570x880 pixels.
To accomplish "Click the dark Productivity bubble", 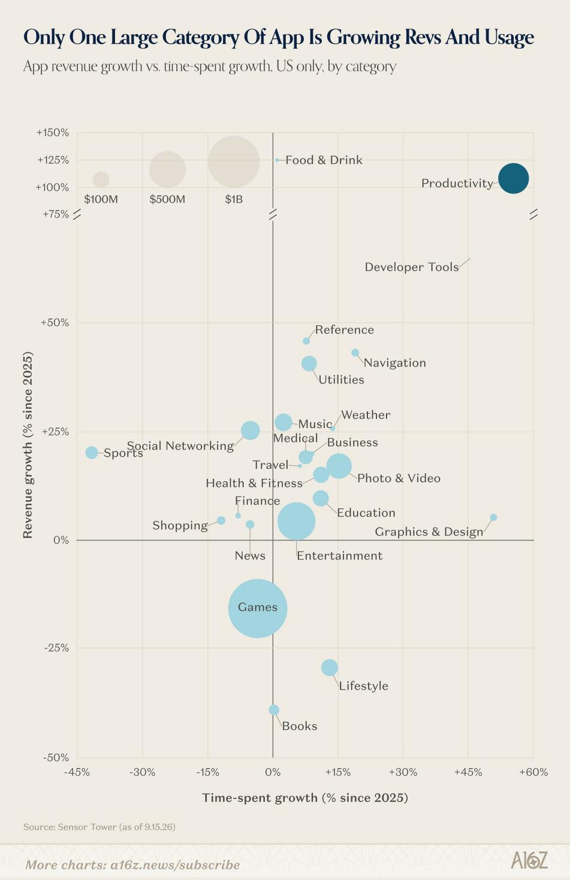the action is click(514, 178).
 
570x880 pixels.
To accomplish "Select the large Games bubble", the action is click(258, 608).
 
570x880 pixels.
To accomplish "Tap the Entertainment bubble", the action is click(297, 522).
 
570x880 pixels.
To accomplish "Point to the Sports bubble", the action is click(92, 452).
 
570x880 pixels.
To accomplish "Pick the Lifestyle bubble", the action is click(329, 667).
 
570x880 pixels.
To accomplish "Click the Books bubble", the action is click(274, 710).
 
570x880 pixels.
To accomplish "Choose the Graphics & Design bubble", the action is click(493, 517).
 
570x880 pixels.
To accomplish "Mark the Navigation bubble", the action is click(355, 352).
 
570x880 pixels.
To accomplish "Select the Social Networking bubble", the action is click(250, 430).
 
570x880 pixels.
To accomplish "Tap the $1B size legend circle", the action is click(234, 162).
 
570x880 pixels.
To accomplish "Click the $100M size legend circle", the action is click(101, 179).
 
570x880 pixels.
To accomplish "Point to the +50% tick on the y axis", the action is click(55, 323).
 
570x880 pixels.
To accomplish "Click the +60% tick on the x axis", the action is click(533, 772).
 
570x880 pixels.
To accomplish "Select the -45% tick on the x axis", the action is click(77, 772).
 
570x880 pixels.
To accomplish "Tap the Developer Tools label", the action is click(412, 267).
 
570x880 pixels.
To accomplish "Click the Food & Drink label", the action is click(324, 160).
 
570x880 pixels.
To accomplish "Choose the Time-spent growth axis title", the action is click(305, 798).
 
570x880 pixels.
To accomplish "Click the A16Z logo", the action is click(529, 860).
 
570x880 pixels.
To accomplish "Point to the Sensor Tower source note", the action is click(99, 827).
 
